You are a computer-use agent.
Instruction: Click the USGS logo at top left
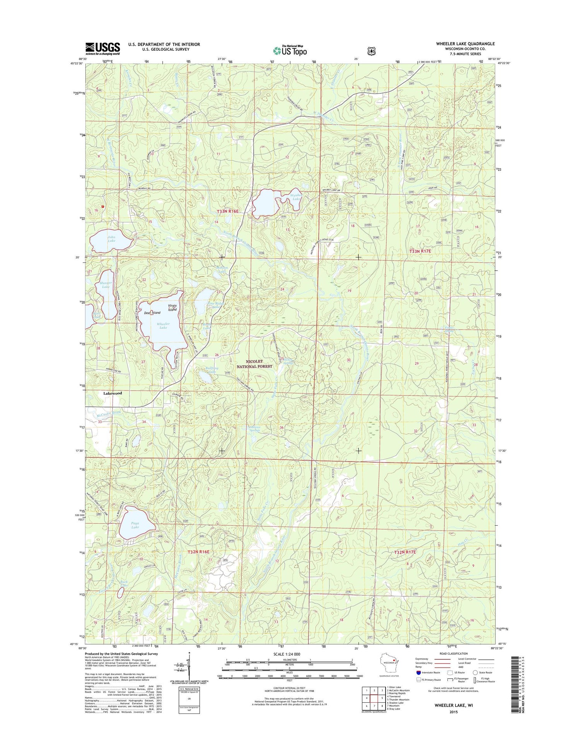[x=102, y=48]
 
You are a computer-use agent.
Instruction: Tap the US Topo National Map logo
[x=290, y=50]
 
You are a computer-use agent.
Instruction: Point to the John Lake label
[x=111, y=238]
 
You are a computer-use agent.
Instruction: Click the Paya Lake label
[x=135, y=525]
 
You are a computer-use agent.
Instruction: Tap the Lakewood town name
[x=113, y=393]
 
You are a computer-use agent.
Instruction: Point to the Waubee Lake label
[x=296, y=197]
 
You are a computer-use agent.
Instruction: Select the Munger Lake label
[x=106, y=285]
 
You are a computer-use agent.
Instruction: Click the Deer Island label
[x=152, y=312]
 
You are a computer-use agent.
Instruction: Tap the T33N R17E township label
[x=420, y=251]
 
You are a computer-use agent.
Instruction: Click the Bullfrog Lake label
[x=212, y=370]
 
